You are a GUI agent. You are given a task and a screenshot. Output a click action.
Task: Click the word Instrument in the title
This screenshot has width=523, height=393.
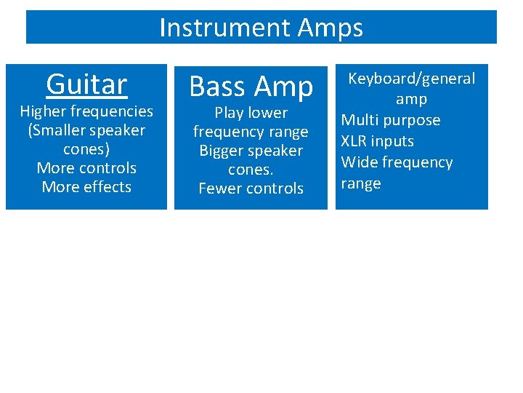point(215,28)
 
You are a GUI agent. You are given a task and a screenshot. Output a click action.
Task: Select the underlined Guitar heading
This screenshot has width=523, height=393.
point(86,84)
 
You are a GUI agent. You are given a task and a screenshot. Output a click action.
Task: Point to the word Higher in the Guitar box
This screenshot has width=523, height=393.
point(43,111)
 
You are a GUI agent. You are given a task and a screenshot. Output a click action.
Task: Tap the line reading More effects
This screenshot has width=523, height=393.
point(86,187)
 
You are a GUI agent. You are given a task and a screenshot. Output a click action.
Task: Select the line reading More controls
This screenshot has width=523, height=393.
point(86,168)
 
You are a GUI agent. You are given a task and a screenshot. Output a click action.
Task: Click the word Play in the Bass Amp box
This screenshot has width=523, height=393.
point(230,113)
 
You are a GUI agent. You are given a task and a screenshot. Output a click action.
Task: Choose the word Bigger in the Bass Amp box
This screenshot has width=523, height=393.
point(223,151)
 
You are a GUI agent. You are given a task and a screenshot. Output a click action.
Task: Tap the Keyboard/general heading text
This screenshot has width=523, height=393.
point(411,79)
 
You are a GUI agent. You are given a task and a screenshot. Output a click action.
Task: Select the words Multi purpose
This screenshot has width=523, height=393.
point(391,120)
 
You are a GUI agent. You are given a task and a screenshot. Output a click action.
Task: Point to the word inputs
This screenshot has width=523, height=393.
point(392,141)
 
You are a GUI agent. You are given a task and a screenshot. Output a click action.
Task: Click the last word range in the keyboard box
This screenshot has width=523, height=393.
point(361,183)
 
